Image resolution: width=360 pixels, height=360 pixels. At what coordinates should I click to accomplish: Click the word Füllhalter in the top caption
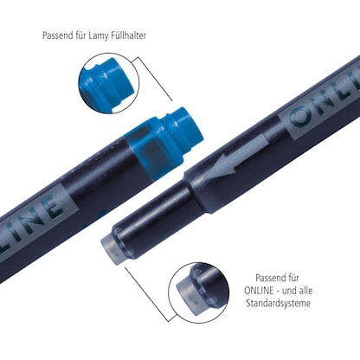pos(130,35)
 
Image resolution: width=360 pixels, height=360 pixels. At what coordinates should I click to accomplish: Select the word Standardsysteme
pos(279,303)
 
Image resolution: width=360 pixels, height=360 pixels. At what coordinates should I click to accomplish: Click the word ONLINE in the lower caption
pos(259,291)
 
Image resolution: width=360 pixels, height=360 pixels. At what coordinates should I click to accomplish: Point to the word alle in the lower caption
pos(305,291)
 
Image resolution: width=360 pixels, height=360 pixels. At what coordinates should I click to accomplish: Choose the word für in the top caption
pos(82,35)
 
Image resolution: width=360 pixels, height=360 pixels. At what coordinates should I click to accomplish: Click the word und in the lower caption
pos(289,291)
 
